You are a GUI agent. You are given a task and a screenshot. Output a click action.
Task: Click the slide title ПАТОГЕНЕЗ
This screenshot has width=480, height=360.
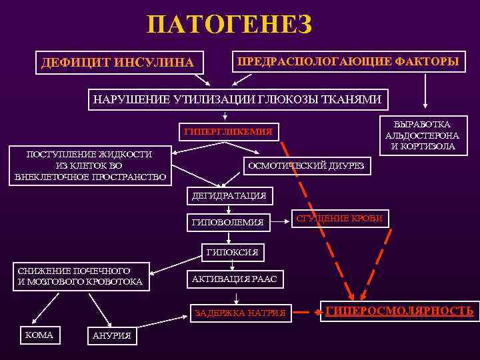pos(229,25)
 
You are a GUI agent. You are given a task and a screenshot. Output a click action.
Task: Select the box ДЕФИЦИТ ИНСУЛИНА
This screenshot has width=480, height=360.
pos(117,63)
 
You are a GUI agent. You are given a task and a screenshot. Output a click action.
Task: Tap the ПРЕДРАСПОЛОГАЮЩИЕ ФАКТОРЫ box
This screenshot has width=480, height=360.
pos(347,62)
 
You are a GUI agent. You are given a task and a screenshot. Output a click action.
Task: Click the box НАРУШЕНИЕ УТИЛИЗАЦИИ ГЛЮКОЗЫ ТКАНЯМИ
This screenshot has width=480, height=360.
pos(238,100)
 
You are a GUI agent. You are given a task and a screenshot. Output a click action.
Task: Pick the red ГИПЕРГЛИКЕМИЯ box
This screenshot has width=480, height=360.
pos(228,131)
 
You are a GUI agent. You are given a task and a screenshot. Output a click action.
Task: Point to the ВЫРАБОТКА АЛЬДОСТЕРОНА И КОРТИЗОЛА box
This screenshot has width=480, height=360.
pos(421,135)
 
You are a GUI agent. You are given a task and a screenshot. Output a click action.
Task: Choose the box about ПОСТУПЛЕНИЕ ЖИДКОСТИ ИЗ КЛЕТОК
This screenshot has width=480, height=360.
pos(89,165)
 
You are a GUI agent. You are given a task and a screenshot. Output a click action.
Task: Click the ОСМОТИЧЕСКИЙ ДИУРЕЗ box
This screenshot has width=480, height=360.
pos(306,165)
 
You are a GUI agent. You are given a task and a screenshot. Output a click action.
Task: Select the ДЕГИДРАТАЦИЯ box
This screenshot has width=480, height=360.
pos(228,195)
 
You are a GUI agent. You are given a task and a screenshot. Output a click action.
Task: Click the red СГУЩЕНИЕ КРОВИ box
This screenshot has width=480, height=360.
pos(339,218)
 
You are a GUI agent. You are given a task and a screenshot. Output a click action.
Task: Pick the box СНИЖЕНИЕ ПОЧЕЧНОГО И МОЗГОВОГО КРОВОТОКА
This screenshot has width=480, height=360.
pos(80,276)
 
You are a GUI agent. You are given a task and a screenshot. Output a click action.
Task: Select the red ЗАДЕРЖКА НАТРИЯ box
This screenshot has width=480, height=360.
pos(239,312)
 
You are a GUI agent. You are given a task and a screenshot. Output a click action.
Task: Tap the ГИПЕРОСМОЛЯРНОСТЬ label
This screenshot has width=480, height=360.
pos(399,310)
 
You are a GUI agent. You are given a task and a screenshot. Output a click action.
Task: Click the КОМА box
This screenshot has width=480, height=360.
pos(39,335)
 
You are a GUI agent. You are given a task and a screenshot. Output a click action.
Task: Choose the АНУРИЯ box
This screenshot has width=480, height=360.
pos(111,336)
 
